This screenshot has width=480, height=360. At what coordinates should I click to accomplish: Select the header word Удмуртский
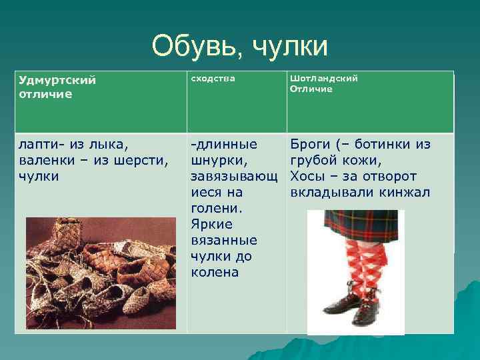click(x=57, y=81)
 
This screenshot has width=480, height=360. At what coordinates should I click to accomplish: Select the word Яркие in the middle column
click(x=210, y=225)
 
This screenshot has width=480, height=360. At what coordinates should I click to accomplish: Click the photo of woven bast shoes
click(x=100, y=273)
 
